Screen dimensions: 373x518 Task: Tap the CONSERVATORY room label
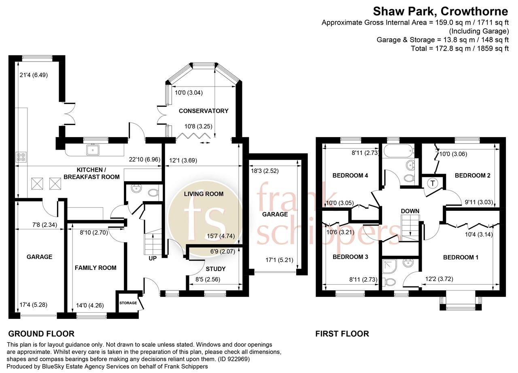pyautogui.click(x=204, y=111)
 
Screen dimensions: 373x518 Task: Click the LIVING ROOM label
pyautogui.click(x=204, y=194)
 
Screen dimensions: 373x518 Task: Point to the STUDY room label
pyautogui.click(x=215, y=269)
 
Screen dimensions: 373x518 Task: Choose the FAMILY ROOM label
pyautogui.click(x=96, y=267)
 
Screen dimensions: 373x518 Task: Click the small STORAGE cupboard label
pyautogui.click(x=127, y=303)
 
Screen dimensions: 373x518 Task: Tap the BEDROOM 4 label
pyautogui.click(x=350, y=176)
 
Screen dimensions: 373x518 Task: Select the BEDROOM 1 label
pyautogui.click(x=461, y=257)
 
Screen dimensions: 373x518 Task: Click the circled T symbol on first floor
pyautogui.click(x=433, y=183)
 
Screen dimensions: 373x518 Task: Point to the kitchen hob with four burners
pyautogui.click(x=21, y=157)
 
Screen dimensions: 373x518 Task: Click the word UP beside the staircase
pyautogui.click(x=152, y=258)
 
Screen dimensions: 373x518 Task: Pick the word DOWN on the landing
pyautogui.click(x=410, y=211)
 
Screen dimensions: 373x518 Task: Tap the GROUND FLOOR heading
pyautogui.click(x=41, y=334)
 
